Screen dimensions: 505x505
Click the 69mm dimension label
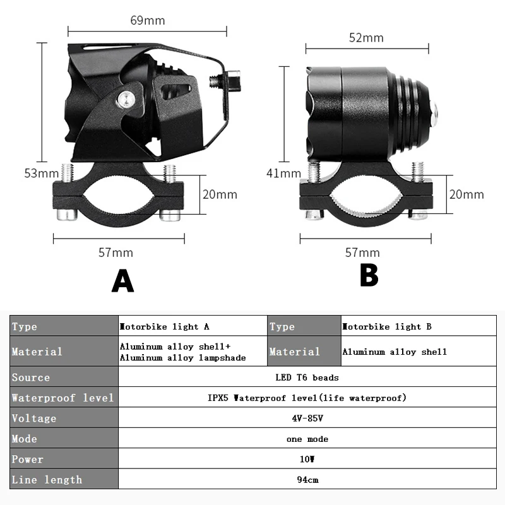click(147, 20)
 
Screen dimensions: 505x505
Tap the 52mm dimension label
click(366, 38)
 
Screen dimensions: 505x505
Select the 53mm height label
click(37, 174)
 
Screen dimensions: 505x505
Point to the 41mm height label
click(283, 174)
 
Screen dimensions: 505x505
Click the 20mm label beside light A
click(220, 194)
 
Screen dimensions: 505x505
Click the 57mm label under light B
click(362, 252)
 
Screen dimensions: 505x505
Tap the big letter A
click(122, 280)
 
